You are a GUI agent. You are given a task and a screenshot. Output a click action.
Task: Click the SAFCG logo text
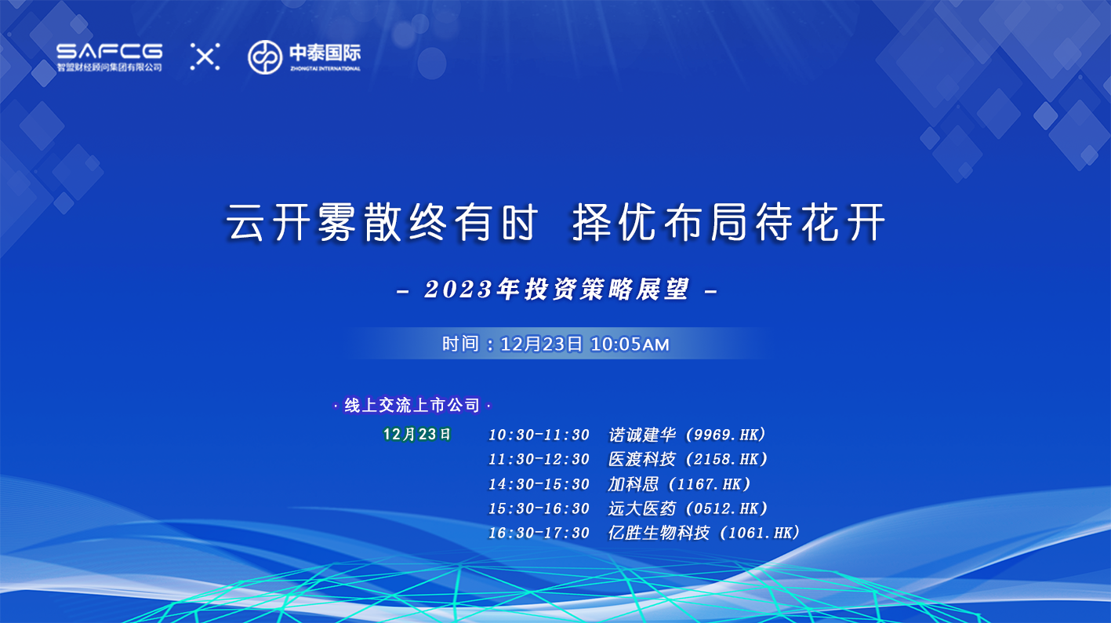pyautogui.click(x=109, y=52)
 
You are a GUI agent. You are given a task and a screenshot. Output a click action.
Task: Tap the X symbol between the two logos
pyautogui.click(x=205, y=56)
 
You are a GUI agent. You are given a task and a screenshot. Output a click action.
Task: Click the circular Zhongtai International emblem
pyautogui.click(x=265, y=57)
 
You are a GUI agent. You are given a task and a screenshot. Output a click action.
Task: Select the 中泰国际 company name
pyautogui.click(x=325, y=53)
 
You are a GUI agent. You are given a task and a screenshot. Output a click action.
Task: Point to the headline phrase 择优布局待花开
pyautogui.click(x=728, y=222)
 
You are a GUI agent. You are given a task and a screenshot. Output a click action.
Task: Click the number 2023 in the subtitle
pyautogui.click(x=459, y=290)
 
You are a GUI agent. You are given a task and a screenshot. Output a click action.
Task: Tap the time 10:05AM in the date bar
pyautogui.click(x=630, y=344)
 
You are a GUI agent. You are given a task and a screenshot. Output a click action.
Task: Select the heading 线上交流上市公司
pyautogui.click(x=412, y=406)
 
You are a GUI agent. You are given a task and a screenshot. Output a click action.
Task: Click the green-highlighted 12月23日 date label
pyautogui.click(x=416, y=435)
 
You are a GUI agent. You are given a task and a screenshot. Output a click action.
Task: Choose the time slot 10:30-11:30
pyautogui.click(x=539, y=435)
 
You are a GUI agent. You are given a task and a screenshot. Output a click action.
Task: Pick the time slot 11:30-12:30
pyautogui.click(x=539, y=460)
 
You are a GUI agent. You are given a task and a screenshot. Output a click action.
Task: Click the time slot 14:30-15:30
pyautogui.click(x=539, y=484)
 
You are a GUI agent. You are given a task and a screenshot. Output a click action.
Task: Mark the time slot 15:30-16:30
pyautogui.click(x=539, y=508)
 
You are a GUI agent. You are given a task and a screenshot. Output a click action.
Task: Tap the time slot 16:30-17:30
pyautogui.click(x=539, y=533)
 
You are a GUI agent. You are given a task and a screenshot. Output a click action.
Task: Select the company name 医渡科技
pyautogui.click(x=642, y=460)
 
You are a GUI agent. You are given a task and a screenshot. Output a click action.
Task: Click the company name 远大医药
pyautogui.click(x=642, y=508)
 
